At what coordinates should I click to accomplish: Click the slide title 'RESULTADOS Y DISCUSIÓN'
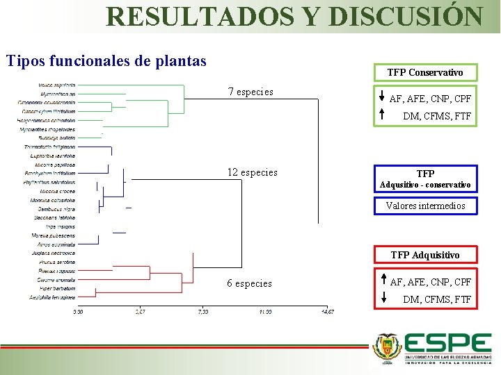click(294, 16)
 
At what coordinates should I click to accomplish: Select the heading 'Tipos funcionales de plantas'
click(106, 61)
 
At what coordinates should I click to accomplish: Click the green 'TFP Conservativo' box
click(424, 72)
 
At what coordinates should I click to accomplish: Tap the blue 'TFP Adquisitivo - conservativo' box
click(425, 179)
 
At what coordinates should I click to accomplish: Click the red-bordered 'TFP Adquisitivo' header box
click(425, 255)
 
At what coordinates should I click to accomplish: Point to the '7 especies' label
click(250, 92)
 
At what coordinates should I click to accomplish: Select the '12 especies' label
click(252, 172)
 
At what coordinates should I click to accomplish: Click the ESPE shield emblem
click(387, 348)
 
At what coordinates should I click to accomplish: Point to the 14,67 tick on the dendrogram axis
click(327, 312)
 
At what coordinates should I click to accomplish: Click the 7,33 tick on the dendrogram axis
click(202, 312)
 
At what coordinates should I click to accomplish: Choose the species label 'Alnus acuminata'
click(58, 244)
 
